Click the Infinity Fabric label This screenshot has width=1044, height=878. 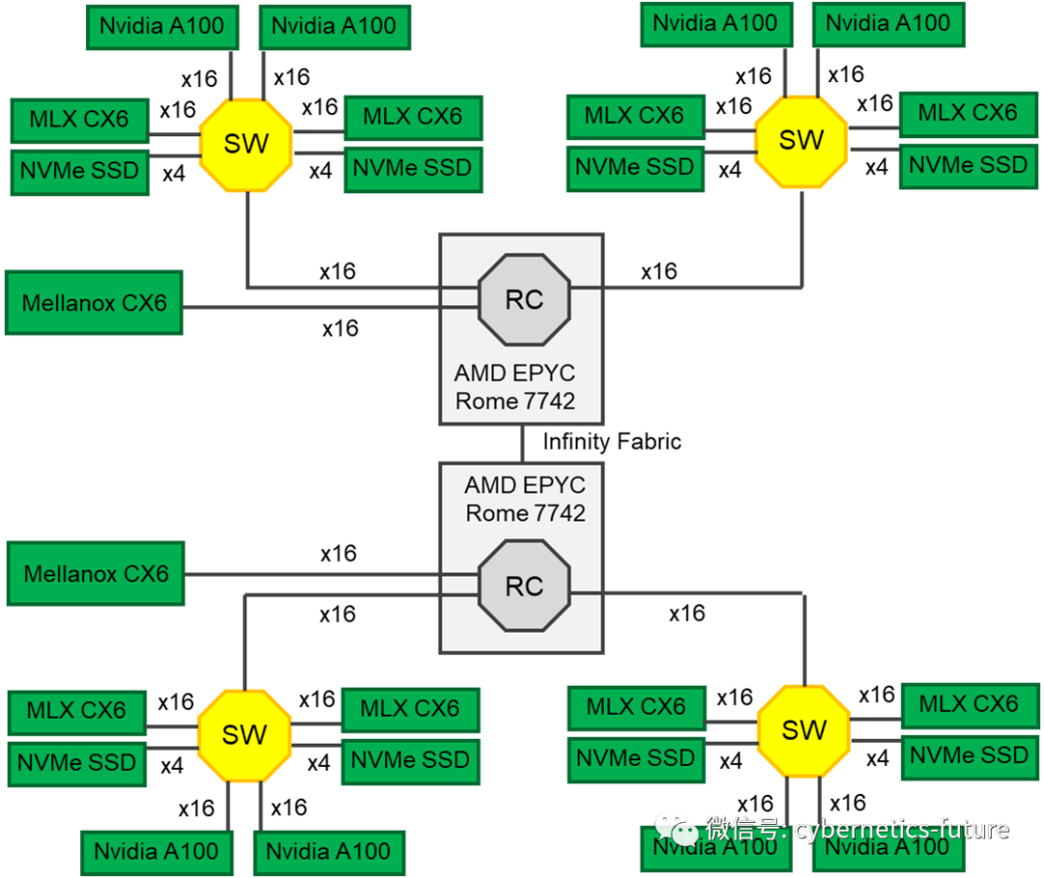click(612, 441)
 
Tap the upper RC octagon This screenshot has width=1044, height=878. click(524, 299)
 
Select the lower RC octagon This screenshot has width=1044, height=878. click(524, 586)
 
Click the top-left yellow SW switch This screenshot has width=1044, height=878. click(246, 145)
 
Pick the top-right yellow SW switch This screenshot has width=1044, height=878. click(801, 141)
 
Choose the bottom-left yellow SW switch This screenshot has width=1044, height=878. click(245, 735)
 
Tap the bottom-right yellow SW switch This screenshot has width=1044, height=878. click(803, 731)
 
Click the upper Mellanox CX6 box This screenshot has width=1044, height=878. click(94, 302)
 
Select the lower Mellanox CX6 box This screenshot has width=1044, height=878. click(96, 574)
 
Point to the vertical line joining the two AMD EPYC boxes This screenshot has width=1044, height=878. click(523, 443)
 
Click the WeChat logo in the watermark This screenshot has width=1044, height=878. click(676, 829)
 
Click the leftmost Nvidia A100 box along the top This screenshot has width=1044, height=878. click(161, 27)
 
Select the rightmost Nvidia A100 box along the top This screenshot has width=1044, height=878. click(888, 24)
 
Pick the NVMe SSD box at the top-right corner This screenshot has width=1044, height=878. click(968, 165)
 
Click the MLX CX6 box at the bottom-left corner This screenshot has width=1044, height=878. click(76, 711)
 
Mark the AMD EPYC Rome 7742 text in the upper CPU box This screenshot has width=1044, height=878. click(514, 387)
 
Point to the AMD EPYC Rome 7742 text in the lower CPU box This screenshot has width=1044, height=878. click(525, 499)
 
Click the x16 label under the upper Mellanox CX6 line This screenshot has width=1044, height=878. click(340, 328)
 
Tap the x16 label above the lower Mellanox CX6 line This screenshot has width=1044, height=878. click(338, 554)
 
